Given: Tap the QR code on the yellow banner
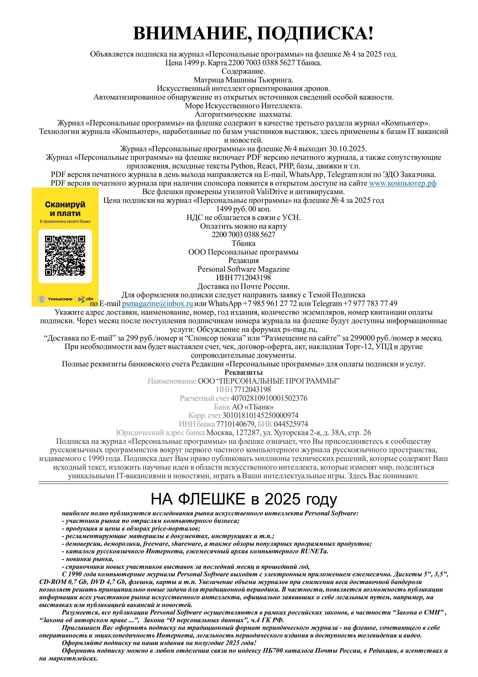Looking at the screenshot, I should [x=65, y=255].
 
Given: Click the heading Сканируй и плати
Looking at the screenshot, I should [x=65, y=209].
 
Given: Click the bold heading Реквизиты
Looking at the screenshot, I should [x=243, y=372].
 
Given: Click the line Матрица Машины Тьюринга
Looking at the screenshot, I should [x=243, y=80].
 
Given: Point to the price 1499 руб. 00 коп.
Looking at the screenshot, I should [x=243, y=209].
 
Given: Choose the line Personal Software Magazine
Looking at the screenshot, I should [x=243, y=269].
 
